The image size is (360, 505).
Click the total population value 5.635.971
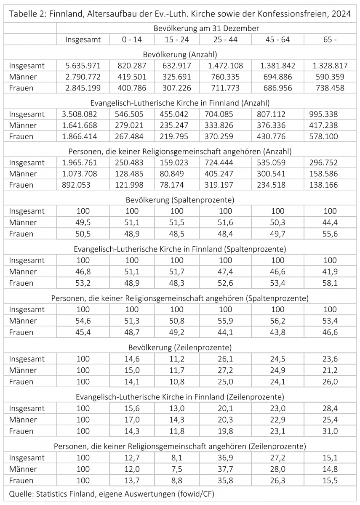point(83,66)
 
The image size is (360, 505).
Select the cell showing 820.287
point(132,66)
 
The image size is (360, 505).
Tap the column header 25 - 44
point(225,40)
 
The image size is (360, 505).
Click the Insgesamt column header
point(83,40)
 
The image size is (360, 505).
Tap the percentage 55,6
point(330,234)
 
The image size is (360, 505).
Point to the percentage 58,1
point(330,283)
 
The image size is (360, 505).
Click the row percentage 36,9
point(225,457)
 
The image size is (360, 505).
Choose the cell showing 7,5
point(176,469)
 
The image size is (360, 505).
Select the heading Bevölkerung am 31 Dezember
point(206,29)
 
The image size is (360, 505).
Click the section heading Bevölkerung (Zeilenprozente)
point(180,348)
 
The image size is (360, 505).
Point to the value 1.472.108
point(225,66)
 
